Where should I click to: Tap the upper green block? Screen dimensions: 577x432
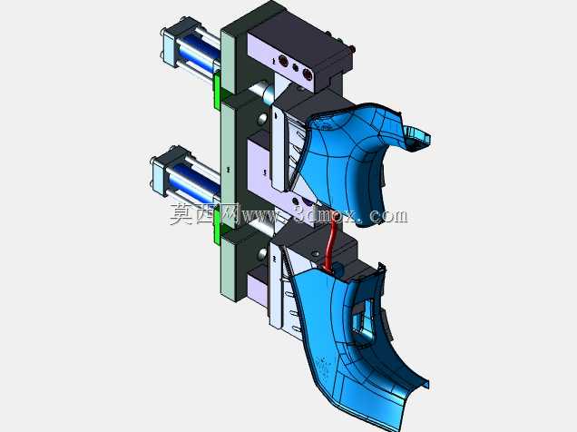pyautogui.click(x=217, y=91)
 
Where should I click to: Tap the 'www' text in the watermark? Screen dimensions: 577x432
pyautogui.click(x=259, y=216)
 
